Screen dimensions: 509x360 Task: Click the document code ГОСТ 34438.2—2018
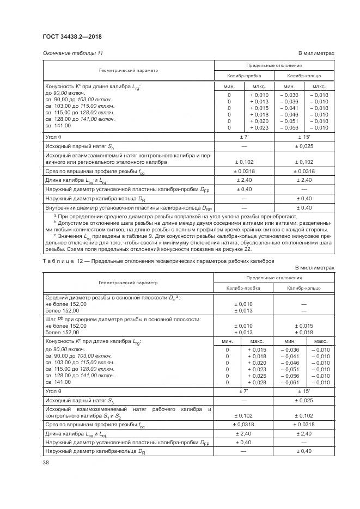point(71,36)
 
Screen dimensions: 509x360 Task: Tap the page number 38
point(45,463)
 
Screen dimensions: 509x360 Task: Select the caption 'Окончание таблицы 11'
point(72,53)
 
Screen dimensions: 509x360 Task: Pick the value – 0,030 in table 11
point(289,95)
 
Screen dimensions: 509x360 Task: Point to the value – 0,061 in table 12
point(289,383)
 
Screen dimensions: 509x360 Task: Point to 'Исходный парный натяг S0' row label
point(80,147)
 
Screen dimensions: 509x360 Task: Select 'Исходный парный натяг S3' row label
point(80,400)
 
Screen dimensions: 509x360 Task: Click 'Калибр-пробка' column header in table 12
point(243,287)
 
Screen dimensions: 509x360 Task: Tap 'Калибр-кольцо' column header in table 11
point(304,76)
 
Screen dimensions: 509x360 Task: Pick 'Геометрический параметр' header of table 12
point(128,283)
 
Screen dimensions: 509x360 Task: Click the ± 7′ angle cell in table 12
point(243,391)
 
